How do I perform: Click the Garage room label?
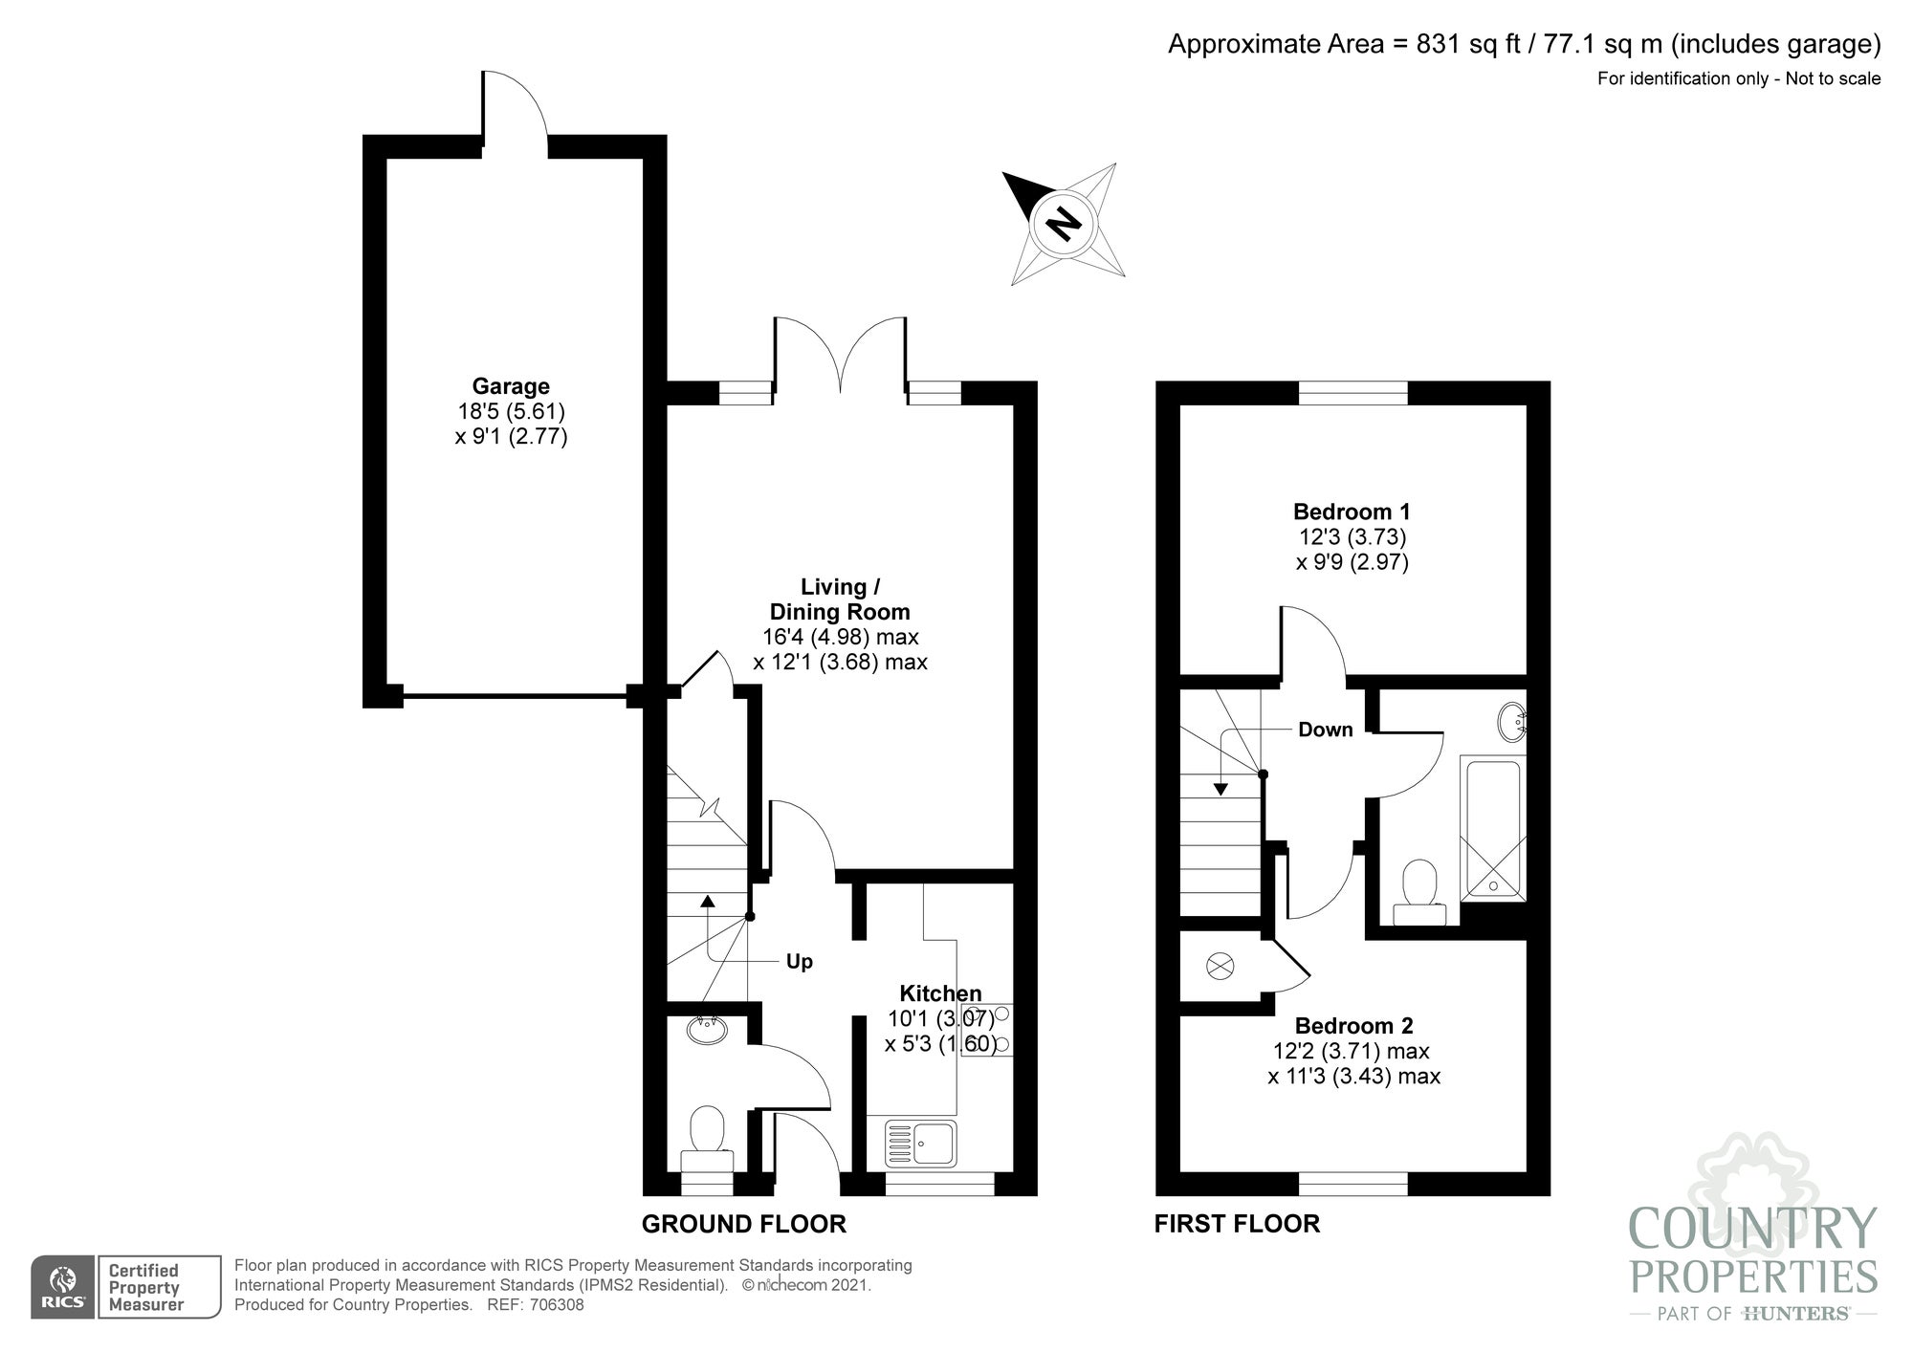pos(511,386)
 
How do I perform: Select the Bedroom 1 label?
pos(1352,512)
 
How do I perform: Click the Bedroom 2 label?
pos(1353,1026)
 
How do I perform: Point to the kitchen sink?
pos(921,1144)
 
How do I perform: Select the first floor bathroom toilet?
pos(1419,893)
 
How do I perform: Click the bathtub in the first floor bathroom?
pos(1493,828)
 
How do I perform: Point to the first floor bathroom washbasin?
pos(1512,723)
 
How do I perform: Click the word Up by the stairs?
pos(799,961)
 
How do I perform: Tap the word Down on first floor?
pos(1325,730)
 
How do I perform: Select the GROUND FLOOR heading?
pos(743,1224)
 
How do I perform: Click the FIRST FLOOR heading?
pos(1237,1224)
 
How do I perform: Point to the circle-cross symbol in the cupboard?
pos(1220,966)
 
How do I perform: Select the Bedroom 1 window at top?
pos(1352,392)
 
